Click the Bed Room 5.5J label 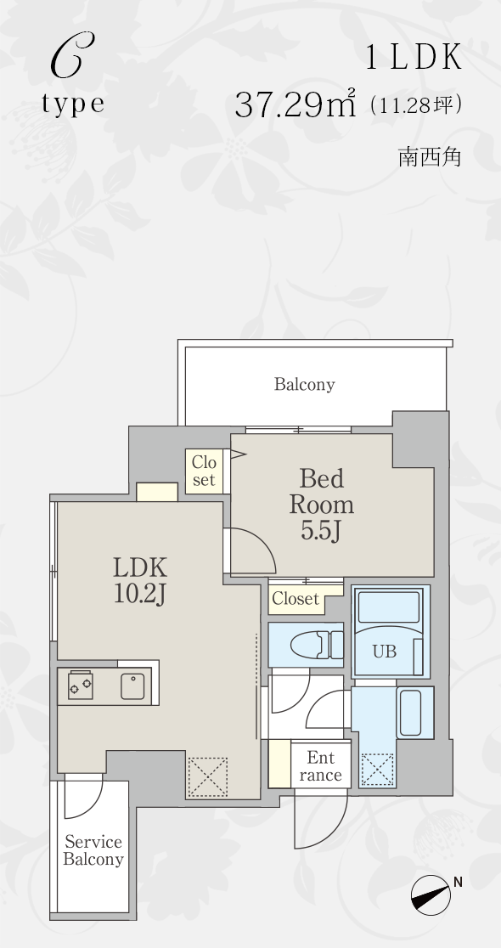click(x=322, y=505)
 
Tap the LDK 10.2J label click(x=139, y=580)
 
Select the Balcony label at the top click(x=304, y=385)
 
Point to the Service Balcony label click(x=93, y=850)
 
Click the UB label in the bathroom click(x=385, y=652)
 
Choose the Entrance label click(x=319, y=766)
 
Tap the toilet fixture click(x=316, y=645)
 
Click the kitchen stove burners click(x=81, y=685)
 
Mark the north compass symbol click(x=431, y=894)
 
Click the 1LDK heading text click(x=414, y=58)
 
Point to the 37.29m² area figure click(x=295, y=104)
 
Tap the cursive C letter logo click(x=72, y=55)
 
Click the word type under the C click(x=73, y=104)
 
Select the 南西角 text click(x=430, y=156)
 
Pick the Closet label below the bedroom click(x=295, y=599)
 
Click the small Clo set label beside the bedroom click(x=204, y=471)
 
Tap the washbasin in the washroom click(x=415, y=712)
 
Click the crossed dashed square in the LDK click(x=207, y=777)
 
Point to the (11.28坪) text click(x=416, y=105)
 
